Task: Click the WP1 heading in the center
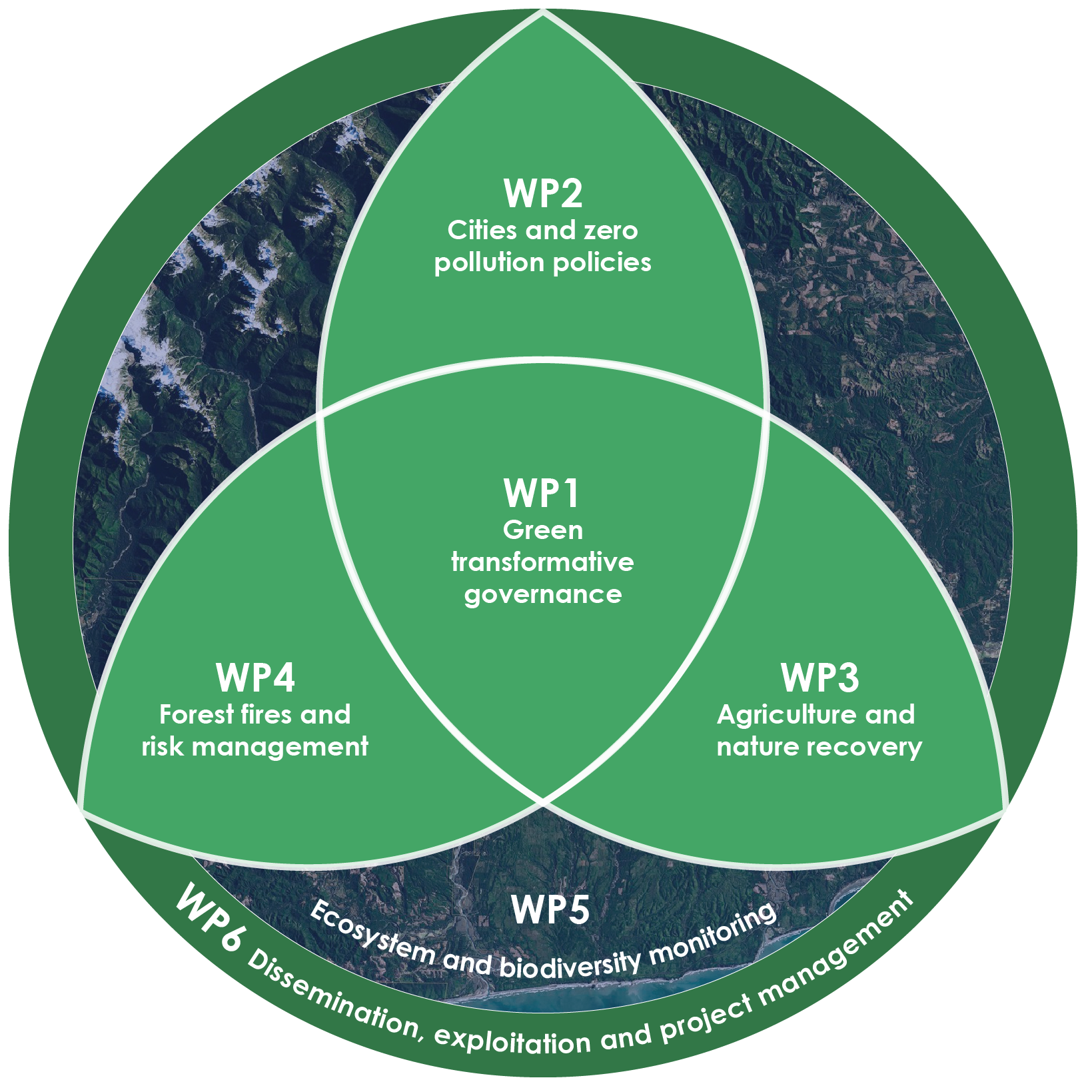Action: pos(542,494)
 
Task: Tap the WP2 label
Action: pos(543,193)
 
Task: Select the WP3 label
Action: pos(819,678)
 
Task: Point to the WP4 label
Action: pos(255,678)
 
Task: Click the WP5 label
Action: pos(550,909)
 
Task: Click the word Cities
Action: pos(483,231)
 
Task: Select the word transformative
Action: pos(542,562)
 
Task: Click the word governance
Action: pos(543,594)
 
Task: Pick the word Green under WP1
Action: pos(543,530)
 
